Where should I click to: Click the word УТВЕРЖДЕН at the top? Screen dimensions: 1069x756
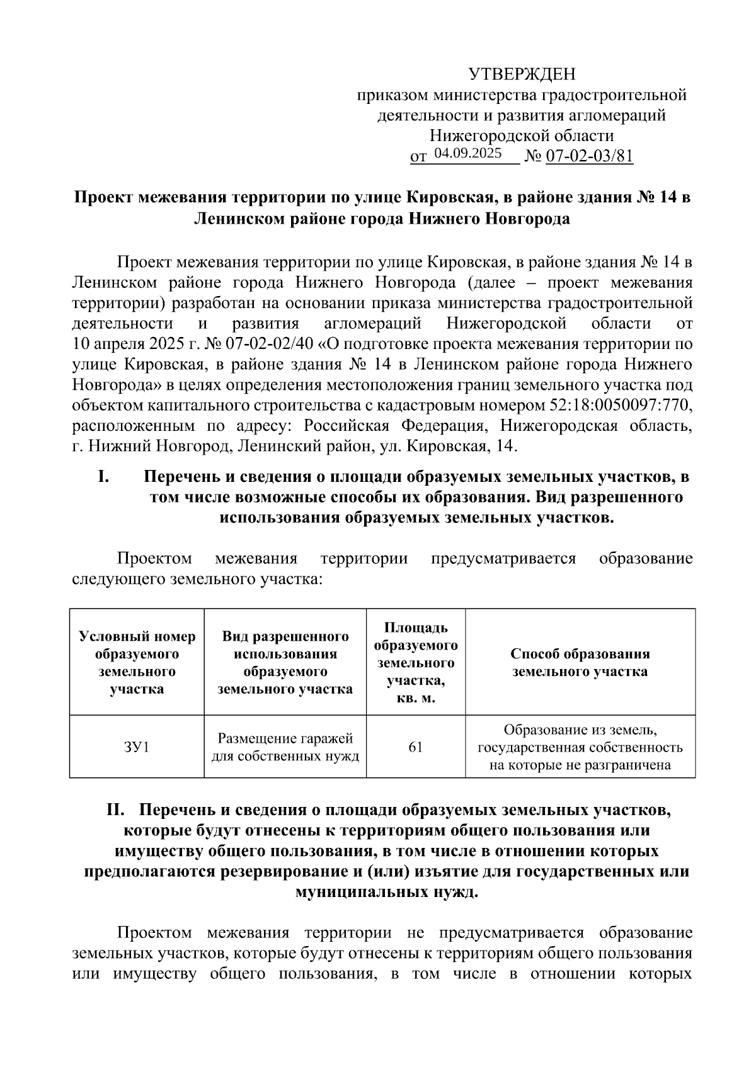[x=522, y=75]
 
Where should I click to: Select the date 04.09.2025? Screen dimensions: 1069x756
[x=467, y=153]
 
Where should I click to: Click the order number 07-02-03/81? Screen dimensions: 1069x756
[x=588, y=156]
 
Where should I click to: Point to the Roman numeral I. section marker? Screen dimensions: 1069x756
[x=104, y=477]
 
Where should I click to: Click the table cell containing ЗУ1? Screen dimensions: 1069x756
[x=137, y=747]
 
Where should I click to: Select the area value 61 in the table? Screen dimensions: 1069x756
[x=416, y=747]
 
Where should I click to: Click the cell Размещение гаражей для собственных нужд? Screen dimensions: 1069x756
[x=285, y=747]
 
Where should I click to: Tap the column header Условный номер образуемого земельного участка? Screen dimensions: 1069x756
[x=137, y=662]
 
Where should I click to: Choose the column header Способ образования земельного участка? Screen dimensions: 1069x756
[x=580, y=662]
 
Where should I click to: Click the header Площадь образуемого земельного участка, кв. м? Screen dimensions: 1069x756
[x=416, y=662]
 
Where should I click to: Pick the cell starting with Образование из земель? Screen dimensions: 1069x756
[x=580, y=747]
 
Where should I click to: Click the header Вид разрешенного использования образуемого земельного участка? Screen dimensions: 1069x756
[x=285, y=662]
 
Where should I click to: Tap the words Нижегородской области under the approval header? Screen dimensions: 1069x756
[x=522, y=135]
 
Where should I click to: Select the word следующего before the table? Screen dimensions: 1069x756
[x=118, y=578]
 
